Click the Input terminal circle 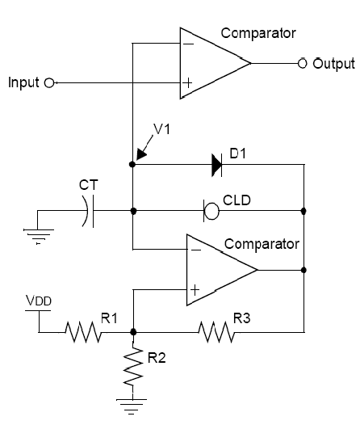(x=49, y=82)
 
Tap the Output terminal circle (x=303, y=63)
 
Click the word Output (x=333, y=64)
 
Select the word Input (x=23, y=82)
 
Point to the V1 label (x=162, y=128)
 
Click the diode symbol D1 (x=217, y=165)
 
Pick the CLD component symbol (x=211, y=211)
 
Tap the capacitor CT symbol (x=88, y=211)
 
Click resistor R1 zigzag (x=84, y=332)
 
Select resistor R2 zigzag (x=133, y=366)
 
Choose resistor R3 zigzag (x=216, y=332)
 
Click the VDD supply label (x=39, y=301)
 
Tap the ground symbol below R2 (x=132, y=406)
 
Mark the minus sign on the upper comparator (x=190, y=44)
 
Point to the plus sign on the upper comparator (x=187, y=82)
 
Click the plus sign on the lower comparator (x=195, y=291)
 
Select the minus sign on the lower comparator (x=196, y=250)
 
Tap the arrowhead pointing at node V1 (x=140, y=154)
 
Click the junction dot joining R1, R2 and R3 (x=133, y=332)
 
